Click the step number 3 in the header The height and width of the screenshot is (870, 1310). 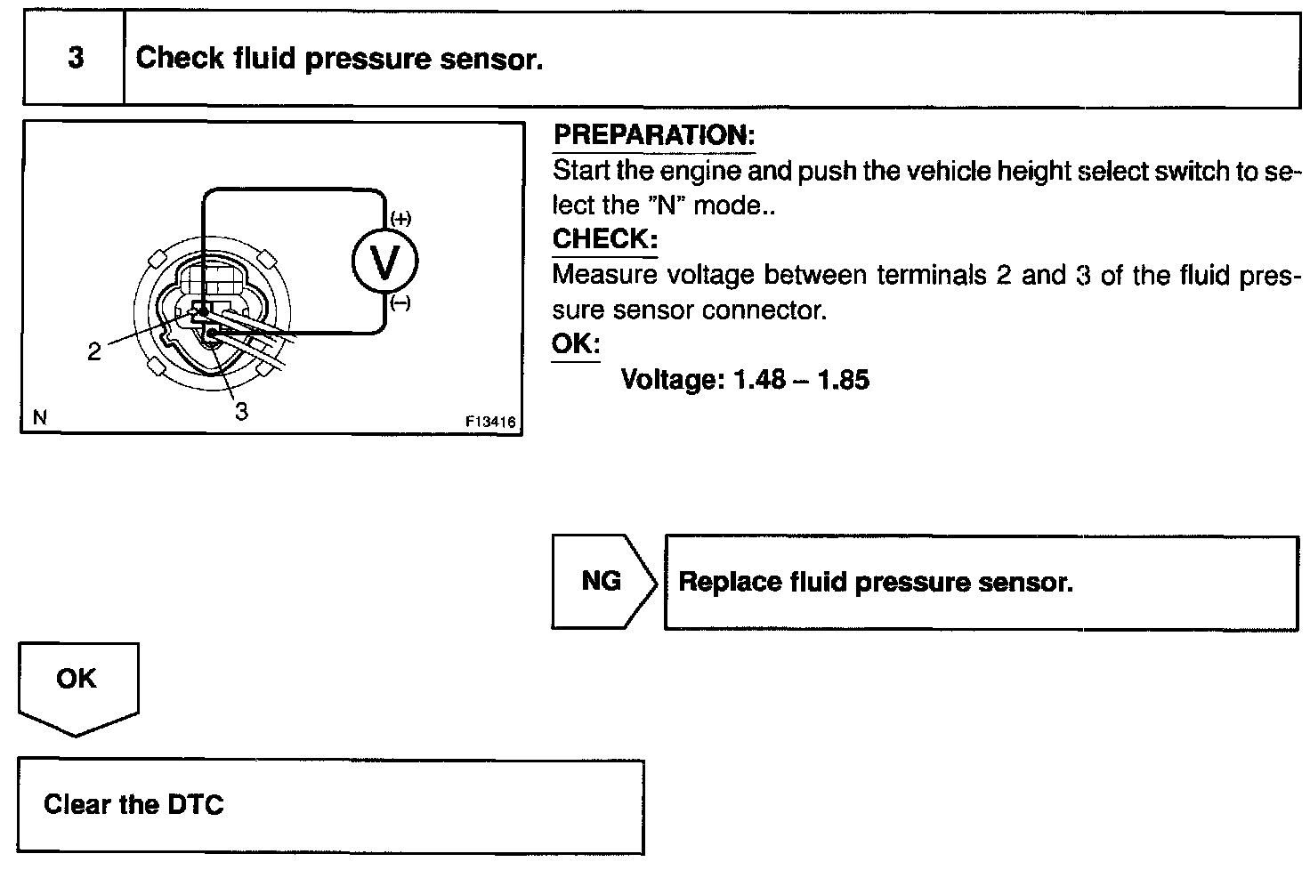76,58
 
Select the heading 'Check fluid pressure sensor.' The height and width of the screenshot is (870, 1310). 339,59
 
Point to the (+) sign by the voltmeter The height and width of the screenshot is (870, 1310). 400,219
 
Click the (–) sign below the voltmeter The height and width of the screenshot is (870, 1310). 400,304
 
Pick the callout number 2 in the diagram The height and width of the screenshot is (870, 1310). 94,351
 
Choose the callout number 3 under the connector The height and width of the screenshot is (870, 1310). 241,411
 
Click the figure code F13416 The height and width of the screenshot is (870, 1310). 490,423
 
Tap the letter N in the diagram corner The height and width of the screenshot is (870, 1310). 38,416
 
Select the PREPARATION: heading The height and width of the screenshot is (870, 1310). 654,136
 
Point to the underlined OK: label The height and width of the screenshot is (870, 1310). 576,344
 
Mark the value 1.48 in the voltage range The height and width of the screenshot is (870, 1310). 759,380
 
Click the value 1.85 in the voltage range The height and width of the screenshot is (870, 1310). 843,380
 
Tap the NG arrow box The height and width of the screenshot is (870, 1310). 602,582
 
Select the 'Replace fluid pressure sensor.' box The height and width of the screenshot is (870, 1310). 981,583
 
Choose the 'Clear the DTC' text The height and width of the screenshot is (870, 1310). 133,805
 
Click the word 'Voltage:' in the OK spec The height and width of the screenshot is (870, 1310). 673,380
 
